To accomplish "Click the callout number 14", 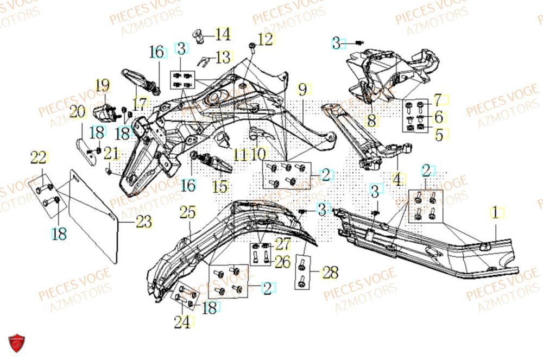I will click(223, 35).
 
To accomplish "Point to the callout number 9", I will click(302, 89).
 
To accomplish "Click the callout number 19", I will click(103, 85).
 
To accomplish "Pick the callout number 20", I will click(78, 113).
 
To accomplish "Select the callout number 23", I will click(144, 222).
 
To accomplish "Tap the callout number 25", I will click(187, 212).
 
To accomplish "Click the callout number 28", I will click(330, 272).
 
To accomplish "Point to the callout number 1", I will click(495, 212).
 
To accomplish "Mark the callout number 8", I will click(371, 120).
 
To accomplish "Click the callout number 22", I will click(39, 159).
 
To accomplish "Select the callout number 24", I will click(182, 323).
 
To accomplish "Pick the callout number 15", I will click(220, 187).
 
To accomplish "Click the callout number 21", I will click(112, 153).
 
